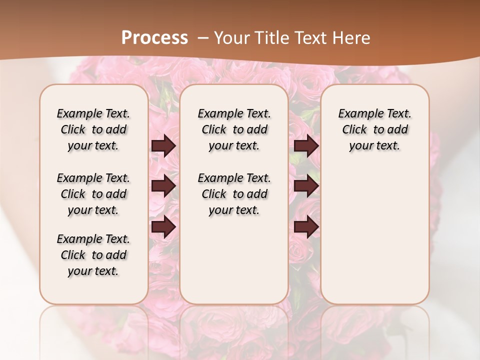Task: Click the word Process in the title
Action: (154, 38)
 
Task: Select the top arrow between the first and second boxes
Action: (163, 146)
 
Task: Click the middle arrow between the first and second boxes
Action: (163, 186)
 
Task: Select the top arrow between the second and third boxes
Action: (306, 146)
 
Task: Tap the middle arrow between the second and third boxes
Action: (306, 186)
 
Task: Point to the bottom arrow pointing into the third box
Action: (306, 226)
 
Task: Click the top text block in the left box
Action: (93, 129)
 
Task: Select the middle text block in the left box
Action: (93, 194)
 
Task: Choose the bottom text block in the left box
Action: (93, 255)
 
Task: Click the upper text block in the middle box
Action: (234, 129)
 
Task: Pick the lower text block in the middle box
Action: (234, 194)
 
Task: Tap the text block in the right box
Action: (374, 129)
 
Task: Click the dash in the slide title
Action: (202, 38)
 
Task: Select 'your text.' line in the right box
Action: (374, 146)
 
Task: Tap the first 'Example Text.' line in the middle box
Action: (234, 113)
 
